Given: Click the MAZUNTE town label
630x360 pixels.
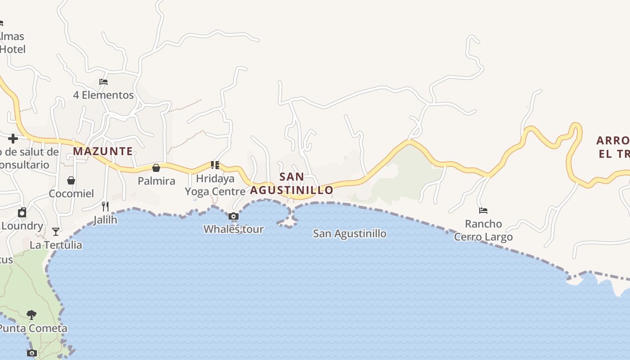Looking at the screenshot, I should [x=103, y=151].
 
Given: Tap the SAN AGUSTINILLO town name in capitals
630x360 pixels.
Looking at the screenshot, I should [x=292, y=184].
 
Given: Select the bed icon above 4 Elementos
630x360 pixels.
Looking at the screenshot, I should [x=103, y=82].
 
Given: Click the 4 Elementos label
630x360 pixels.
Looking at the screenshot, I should [x=103, y=95].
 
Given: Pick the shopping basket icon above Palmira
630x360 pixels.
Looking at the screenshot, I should [x=156, y=168].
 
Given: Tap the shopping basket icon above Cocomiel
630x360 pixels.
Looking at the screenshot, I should [x=71, y=180].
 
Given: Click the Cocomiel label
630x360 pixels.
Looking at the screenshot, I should [x=71, y=193].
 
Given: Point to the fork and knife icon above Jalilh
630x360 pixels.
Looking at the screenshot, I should [x=105, y=207].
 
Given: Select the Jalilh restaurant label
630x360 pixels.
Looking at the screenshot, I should [x=105, y=220].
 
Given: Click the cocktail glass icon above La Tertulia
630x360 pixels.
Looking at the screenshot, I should [x=56, y=232].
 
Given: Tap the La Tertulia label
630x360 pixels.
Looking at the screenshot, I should [x=56, y=245].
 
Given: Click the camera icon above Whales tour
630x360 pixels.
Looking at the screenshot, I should [x=233, y=216].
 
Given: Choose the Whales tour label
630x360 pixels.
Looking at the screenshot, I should [x=233, y=229].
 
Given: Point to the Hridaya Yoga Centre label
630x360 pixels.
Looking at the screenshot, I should [x=215, y=185].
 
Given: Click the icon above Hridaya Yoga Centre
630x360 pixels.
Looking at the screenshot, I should [x=215, y=165].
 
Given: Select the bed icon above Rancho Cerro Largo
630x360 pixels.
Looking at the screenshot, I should [x=483, y=210].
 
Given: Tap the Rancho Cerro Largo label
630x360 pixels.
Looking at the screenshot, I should [x=483, y=230].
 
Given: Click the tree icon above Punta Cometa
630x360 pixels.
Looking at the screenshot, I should [x=31, y=315].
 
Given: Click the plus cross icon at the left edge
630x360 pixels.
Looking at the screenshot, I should [x=13, y=139].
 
